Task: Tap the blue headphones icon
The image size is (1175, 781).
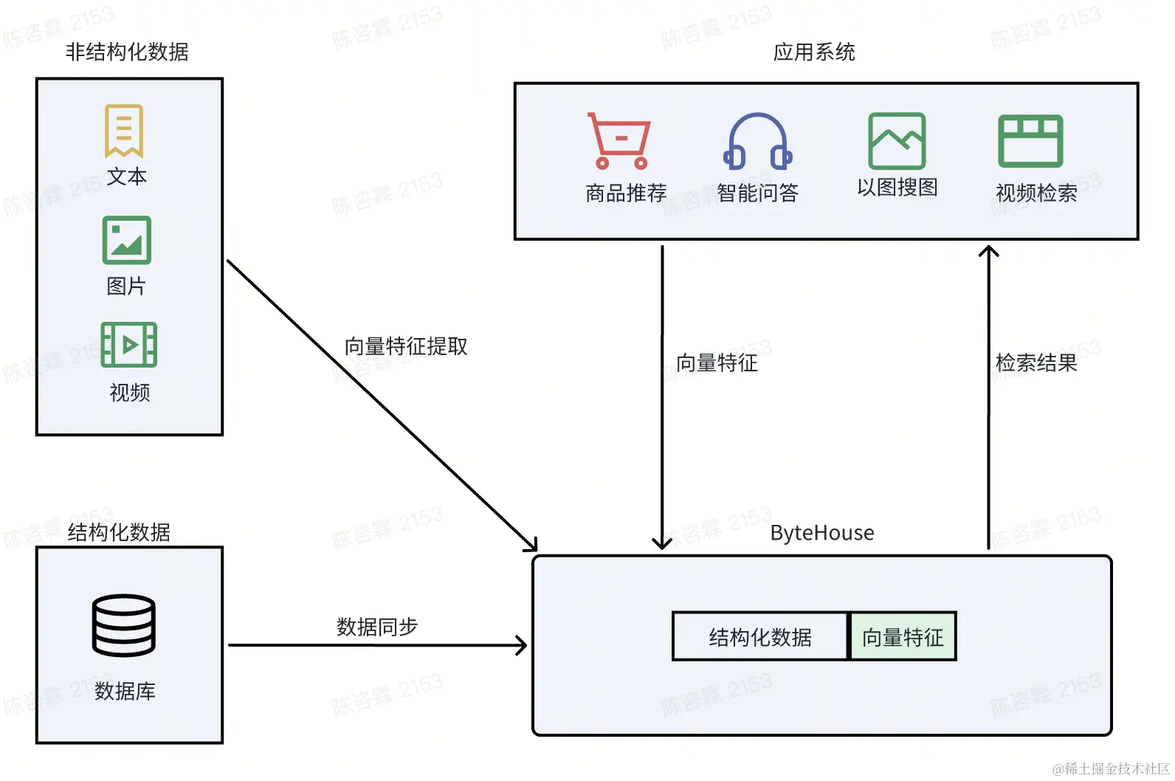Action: pyautogui.click(x=757, y=141)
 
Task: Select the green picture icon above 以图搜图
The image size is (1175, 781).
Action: pyautogui.click(x=897, y=140)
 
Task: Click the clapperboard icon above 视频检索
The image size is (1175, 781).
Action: pyautogui.click(x=1030, y=140)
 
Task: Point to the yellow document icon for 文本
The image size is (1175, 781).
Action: pyautogui.click(x=124, y=131)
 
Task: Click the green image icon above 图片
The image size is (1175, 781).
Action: pyautogui.click(x=127, y=240)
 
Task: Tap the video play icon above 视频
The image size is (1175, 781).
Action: pyautogui.click(x=129, y=345)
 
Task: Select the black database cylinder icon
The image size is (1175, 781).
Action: pyautogui.click(x=124, y=625)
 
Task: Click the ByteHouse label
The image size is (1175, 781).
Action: pyautogui.click(x=821, y=533)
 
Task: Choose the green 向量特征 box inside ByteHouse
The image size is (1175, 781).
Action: pyautogui.click(x=903, y=636)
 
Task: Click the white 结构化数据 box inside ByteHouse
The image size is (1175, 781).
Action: pyautogui.click(x=760, y=636)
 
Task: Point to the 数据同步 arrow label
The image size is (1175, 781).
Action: pyautogui.click(x=377, y=627)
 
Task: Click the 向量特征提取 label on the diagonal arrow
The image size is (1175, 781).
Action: pyautogui.click(x=406, y=346)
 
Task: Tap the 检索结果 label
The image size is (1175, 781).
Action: pyautogui.click(x=1036, y=362)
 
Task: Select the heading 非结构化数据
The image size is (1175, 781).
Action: pyautogui.click(x=127, y=52)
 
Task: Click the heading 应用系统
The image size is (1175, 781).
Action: pyautogui.click(x=814, y=52)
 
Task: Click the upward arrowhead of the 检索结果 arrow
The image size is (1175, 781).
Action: pyautogui.click(x=988, y=251)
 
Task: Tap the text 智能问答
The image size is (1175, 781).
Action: pyautogui.click(x=757, y=193)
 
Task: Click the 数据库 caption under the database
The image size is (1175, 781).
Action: pyautogui.click(x=125, y=691)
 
